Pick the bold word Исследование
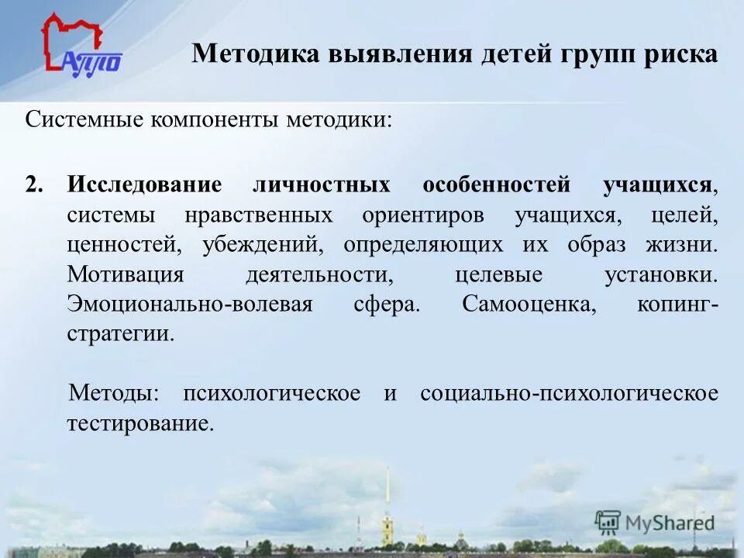(x=144, y=185)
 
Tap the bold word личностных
(x=322, y=185)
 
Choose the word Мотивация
(x=126, y=274)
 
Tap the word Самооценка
(x=529, y=304)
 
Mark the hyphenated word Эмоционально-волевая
(x=190, y=304)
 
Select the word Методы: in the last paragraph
(x=114, y=393)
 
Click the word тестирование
(x=139, y=423)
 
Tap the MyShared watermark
(x=655, y=522)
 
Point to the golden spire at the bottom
(x=387, y=504)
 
